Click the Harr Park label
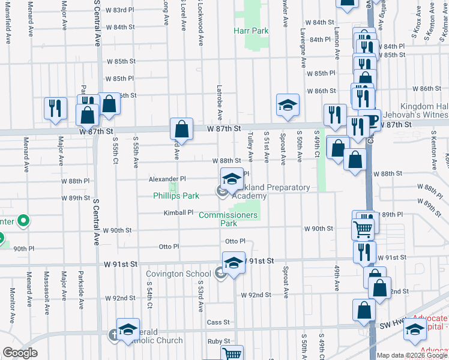pyautogui.click(x=251, y=30)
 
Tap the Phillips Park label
pyautogui.click(x=176, y=196)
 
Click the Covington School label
pyautogui.click(x=179, y=274)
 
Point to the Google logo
pyautogui.click(x=20, y=353)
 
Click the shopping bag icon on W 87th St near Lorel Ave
pyautogui.click(x=181, y=128)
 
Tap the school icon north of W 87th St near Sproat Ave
pyautogui.click(x=288, y=105)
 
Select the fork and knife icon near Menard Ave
pyautogui.click(x=55, y=108)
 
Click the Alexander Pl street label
pyautogui.click(x=167, y=179)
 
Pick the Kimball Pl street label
pyautogui.click(x=179, y=212)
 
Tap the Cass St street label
pyautogui.click(x=218, y=322)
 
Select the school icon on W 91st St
pyautogui.click(x=234, y=262)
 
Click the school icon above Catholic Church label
pyautogui.click(x=128, y=329)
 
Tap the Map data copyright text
pyautogui.click(x=412, y=355)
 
